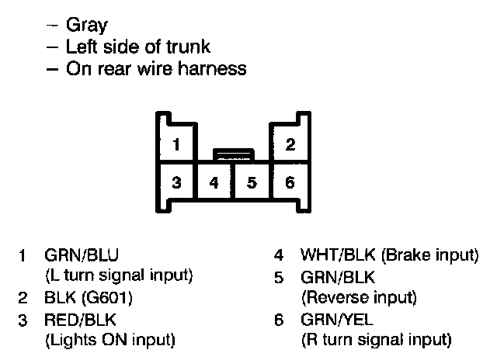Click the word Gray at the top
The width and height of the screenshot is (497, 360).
[86, 26]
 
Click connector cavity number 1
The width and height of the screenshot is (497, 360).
[177, 144]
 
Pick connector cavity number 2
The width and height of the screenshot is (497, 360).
[290, 144]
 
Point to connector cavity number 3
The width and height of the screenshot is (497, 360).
[177, 183]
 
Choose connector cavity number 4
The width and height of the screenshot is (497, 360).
[214, 184]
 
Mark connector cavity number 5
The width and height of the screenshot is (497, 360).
[252, 184]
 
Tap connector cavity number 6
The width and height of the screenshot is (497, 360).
[290, 183]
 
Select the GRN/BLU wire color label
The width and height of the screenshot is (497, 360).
[82, 254]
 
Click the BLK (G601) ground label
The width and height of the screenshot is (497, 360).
[90, 298]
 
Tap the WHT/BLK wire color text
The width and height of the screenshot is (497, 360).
[335, 254]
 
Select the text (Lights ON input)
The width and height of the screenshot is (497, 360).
[109, 340]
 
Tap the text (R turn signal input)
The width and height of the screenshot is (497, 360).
[376, 340]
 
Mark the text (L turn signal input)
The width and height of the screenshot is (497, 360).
[119, 276]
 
